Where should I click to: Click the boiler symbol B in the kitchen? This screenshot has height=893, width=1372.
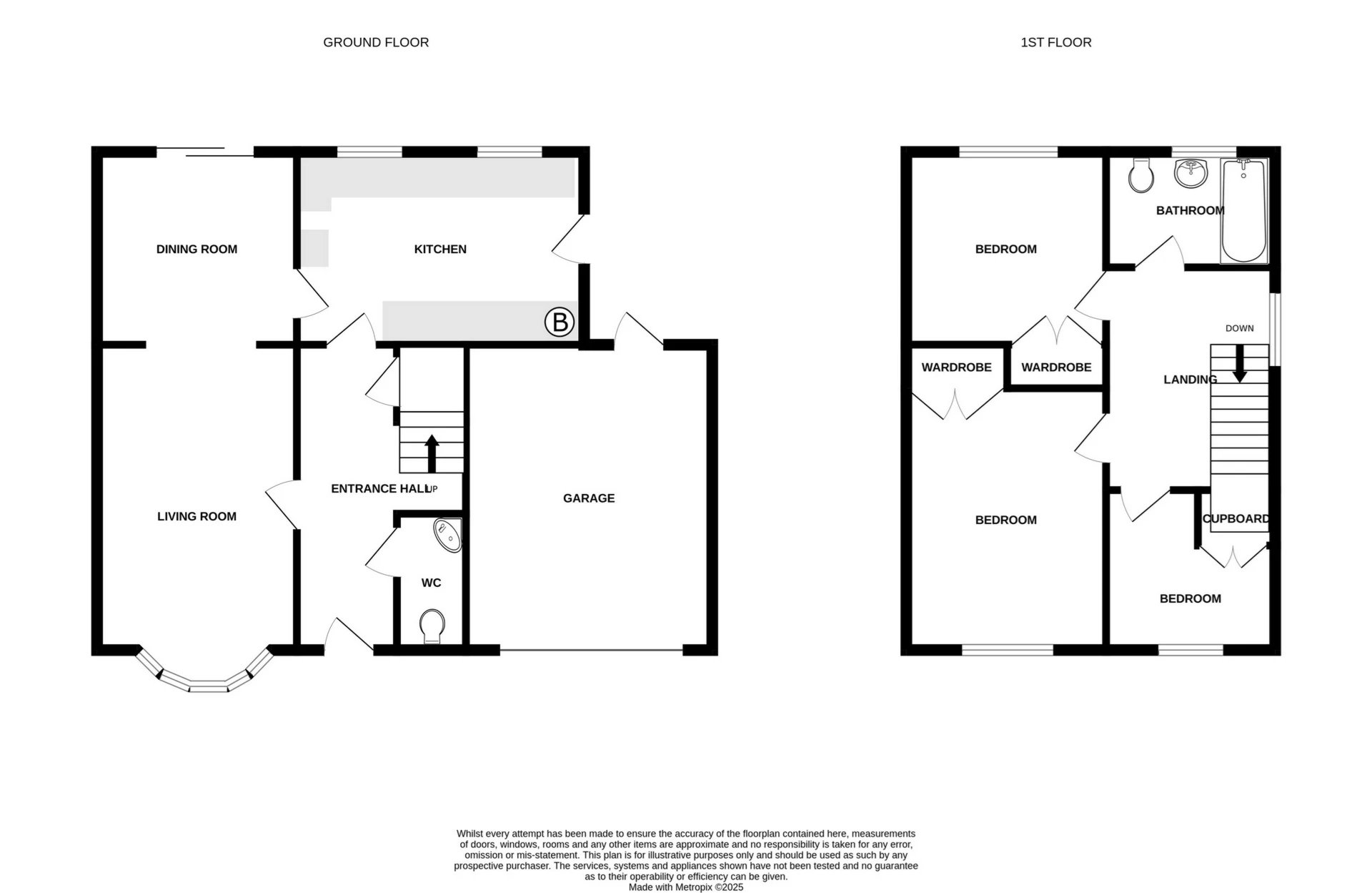560,322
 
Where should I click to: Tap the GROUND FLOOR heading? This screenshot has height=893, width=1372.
376,42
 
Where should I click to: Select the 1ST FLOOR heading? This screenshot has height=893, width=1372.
1055,42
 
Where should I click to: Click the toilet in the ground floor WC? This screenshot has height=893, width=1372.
432,626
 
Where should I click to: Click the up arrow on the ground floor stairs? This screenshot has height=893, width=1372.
432,453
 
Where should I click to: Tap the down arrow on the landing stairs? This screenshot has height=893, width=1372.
1240,363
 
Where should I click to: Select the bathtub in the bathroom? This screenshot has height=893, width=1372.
1243,211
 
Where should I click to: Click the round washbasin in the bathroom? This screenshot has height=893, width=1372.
1190,172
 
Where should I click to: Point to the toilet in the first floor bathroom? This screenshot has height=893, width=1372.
1141,175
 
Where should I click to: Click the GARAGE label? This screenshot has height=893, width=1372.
588,498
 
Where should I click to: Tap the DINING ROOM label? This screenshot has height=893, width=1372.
197,249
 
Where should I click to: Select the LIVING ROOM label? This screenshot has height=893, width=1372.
197,516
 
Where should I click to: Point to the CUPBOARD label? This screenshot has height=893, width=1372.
1236,519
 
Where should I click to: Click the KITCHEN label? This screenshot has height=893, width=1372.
440,249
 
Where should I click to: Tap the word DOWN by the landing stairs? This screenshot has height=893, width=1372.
1239,328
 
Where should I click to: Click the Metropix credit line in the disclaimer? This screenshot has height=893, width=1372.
685,887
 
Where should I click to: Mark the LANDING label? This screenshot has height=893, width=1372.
1190,380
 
